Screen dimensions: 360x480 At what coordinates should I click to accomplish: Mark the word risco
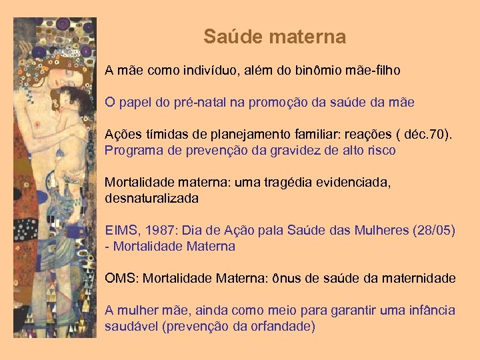pos(380,150)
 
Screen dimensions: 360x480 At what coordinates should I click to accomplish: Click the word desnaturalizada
pos(151,198)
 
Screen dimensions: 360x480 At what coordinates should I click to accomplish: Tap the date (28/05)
pos(434,231)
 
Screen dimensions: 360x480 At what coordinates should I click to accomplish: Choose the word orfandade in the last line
pos(281,326)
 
